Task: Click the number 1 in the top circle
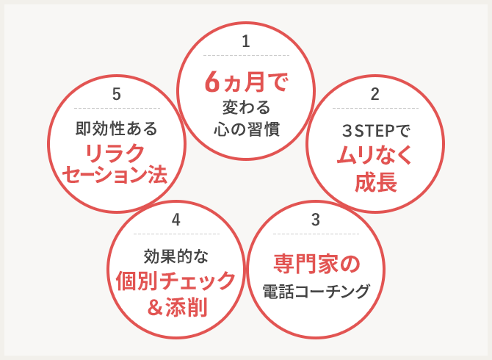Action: point(246,42)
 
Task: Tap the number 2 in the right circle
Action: point(375,94)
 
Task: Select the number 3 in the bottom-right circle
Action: point(316,219)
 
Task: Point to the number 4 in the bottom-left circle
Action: point(176,219)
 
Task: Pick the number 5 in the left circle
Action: point(117,94)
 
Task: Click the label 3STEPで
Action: point(375,130)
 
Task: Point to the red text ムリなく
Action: point(375,155)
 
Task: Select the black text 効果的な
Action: point(176,256)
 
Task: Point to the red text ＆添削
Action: point(176,306)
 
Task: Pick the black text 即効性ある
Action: point(117,129)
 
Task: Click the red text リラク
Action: point(117,154)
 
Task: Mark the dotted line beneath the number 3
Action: point(316,234)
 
